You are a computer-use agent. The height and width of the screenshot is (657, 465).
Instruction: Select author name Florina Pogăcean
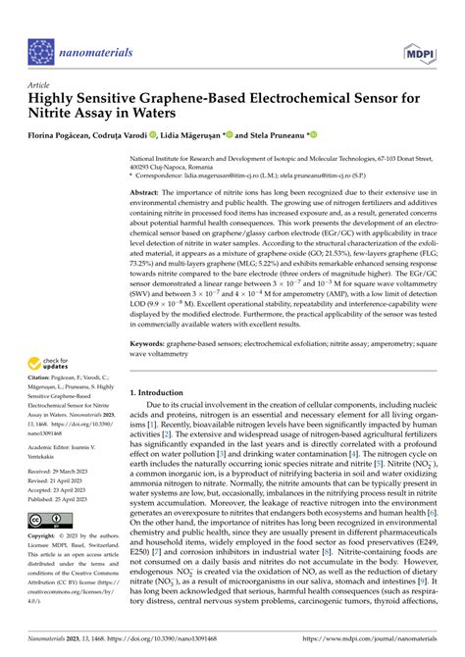[62, 132]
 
